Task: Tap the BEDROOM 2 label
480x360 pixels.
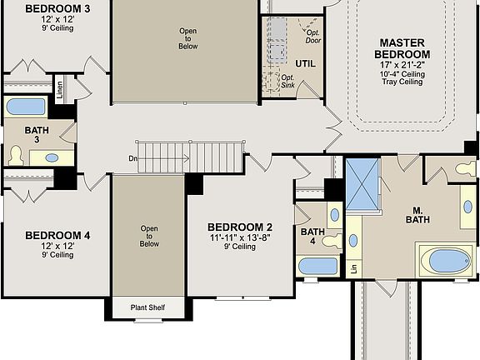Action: pos(240,227)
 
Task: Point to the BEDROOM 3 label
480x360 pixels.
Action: pos(57,9)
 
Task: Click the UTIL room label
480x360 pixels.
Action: pos(305,63)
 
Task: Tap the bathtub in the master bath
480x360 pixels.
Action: pos(446,261)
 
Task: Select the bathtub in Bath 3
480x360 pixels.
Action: pos(27,107)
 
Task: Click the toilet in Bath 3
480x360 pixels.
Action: pos(15,155)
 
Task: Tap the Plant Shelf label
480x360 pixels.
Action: pos(148,308)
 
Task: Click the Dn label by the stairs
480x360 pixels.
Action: pos(132,157)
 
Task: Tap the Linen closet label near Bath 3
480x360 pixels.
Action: pos(60,89)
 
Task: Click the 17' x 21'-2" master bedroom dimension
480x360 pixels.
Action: pos(403,63)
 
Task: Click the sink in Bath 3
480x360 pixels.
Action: pos(51,157)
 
